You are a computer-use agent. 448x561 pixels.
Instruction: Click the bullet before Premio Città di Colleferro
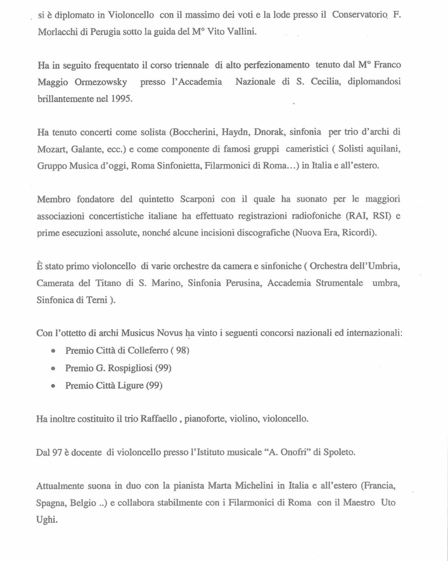click(x=53, y=351)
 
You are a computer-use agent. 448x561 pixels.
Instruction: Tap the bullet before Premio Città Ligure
click(x=53, y=386)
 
